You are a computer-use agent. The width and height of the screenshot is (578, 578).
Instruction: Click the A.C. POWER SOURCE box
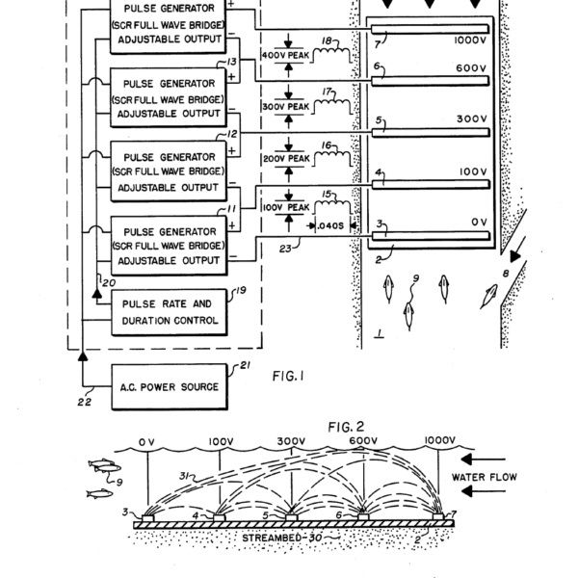tap(170, 387)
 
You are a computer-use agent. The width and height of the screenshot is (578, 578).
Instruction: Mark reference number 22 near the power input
tap(85, 404)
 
